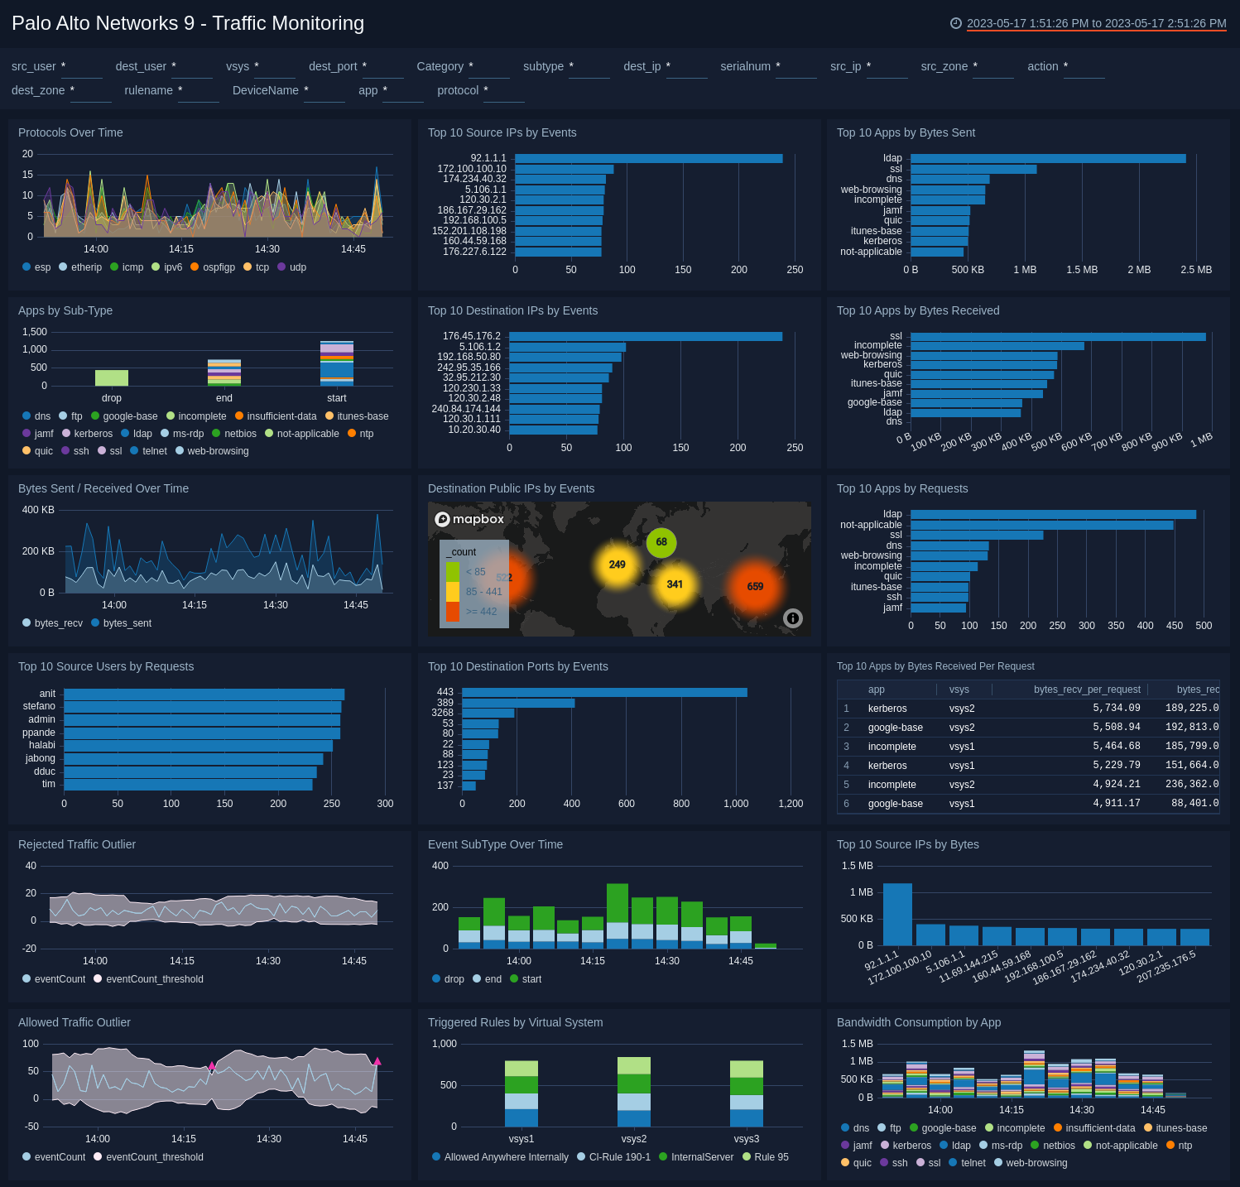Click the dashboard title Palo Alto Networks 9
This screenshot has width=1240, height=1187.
click(187, 23)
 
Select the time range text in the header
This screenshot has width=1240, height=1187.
click(1096, 23)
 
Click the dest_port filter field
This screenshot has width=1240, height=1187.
click(382, 67)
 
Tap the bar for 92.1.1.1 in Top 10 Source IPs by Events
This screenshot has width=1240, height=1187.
click(648, 158)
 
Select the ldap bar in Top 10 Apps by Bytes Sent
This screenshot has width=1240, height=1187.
click(1047, 158)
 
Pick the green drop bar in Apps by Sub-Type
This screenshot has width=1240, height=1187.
click(112, 377)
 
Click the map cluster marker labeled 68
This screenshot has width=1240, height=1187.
click(661, 542)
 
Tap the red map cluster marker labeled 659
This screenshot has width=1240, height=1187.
click(755, 586)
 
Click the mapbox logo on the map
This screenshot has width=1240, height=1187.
click(469, 519)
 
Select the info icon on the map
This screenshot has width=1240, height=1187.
click(792, 618)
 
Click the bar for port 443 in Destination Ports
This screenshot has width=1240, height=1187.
click(604, 692)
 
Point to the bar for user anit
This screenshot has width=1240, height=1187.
click(204, 694)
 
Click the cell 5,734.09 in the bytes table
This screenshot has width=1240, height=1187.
click(1116, 709)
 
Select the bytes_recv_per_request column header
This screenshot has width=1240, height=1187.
click(1086, 690)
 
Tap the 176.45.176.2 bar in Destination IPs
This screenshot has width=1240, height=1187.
click(646, 336)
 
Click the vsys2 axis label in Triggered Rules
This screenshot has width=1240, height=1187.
click(633, 1139)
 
